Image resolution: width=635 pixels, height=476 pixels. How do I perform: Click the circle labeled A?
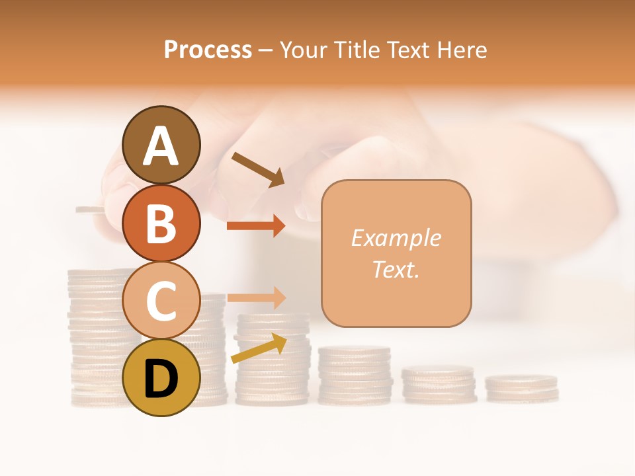point(161,145)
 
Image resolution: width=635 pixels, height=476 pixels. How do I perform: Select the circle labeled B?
point(161,223)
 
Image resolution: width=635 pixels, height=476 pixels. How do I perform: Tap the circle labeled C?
point(161,300)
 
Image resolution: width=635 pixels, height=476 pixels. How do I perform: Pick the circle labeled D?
point(161,377)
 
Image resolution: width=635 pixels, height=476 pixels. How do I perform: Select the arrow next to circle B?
point(256,226)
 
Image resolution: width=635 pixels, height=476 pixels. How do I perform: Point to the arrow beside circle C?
point(256,297)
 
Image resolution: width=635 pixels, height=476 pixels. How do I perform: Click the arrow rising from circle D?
point(259,348)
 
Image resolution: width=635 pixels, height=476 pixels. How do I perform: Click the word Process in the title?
point(208,50)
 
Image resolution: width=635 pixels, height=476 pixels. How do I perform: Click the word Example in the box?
point(396,238)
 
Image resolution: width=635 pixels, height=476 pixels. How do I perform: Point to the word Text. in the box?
point(396,269)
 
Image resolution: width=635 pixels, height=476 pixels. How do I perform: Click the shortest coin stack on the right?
point(521,389)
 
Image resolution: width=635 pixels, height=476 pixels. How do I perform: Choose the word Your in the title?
point(304,50)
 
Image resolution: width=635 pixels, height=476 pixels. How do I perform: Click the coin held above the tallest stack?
point(90,210)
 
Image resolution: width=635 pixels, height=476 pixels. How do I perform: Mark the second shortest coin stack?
point(439,385)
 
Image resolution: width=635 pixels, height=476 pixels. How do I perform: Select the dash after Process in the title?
point(266,50)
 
